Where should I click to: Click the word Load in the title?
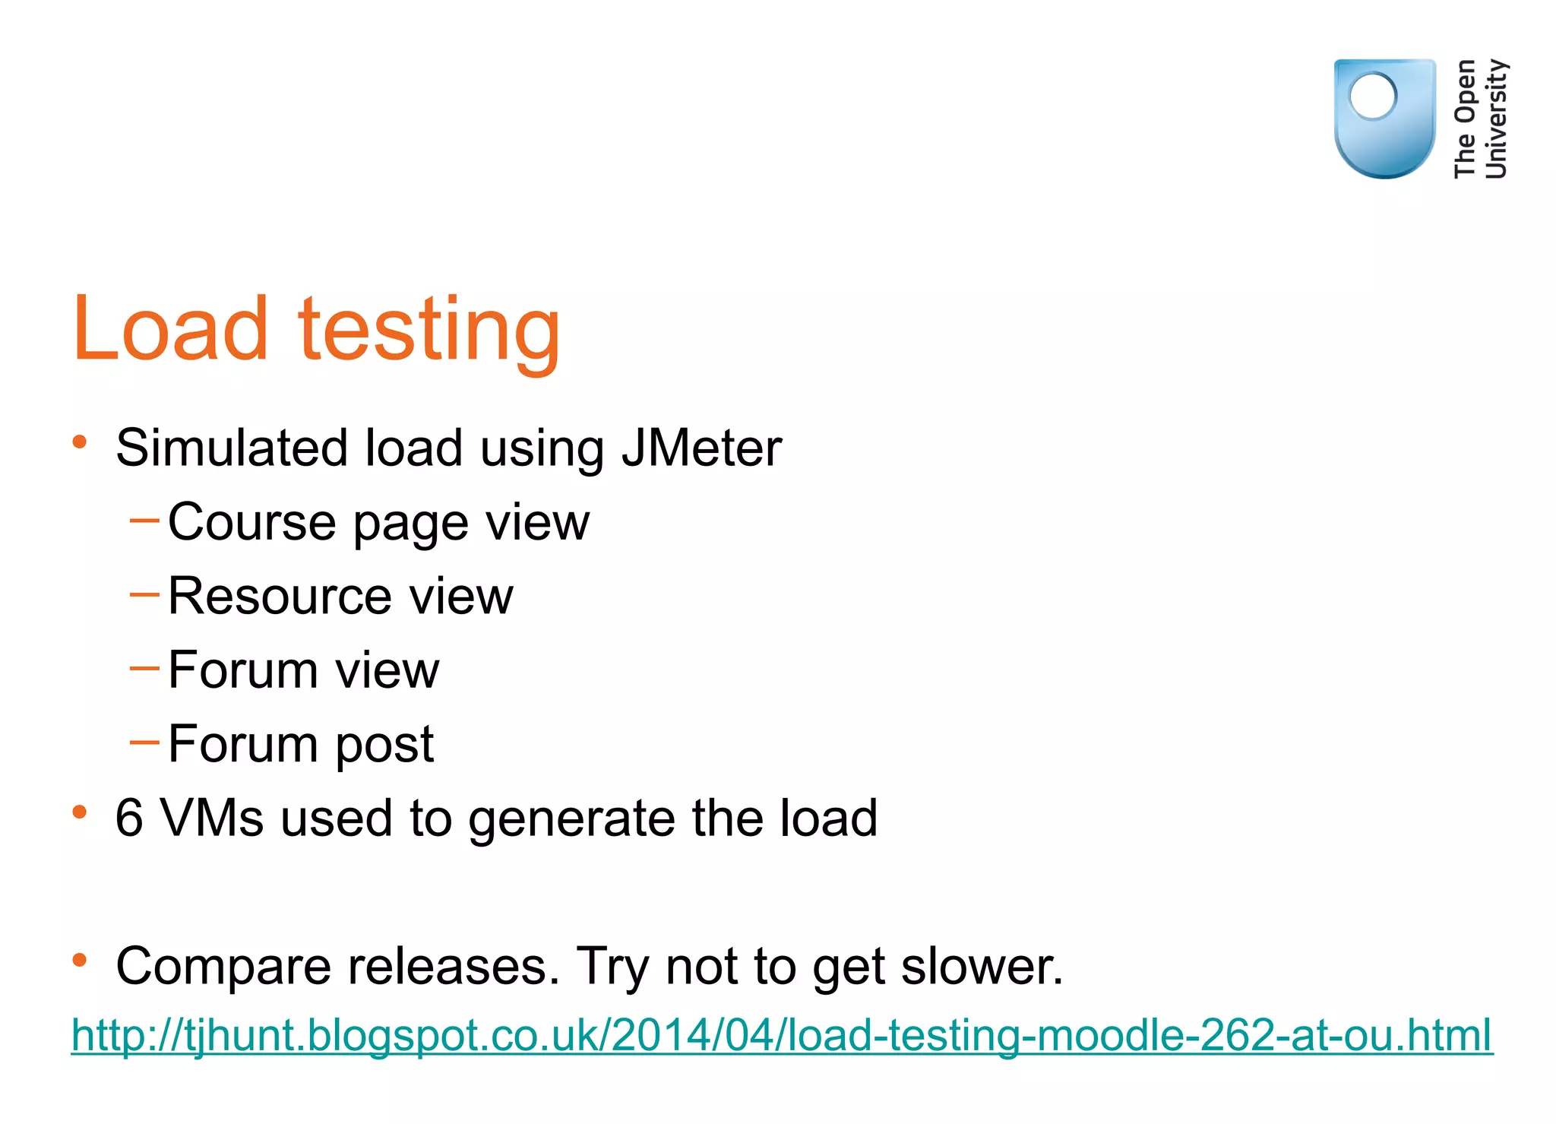coord(170,328)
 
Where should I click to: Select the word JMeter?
coord(701,448)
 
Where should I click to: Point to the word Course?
coord(251,522)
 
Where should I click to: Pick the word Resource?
coord(279,596)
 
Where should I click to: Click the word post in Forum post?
coord(384,746)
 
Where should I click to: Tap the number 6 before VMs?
coord(129,818)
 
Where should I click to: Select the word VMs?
coord(212,818)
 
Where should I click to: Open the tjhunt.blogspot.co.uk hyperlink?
coord(782,1035)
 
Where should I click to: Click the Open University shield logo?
coord(1384,119)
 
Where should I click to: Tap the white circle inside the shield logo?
coord(1372,97)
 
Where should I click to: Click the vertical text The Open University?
coord(1479,119)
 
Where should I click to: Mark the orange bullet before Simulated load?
coord(80,442)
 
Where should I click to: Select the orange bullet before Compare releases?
coord(80,961)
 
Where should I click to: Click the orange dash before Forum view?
coord(144,668)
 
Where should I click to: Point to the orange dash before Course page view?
coord(144,521)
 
